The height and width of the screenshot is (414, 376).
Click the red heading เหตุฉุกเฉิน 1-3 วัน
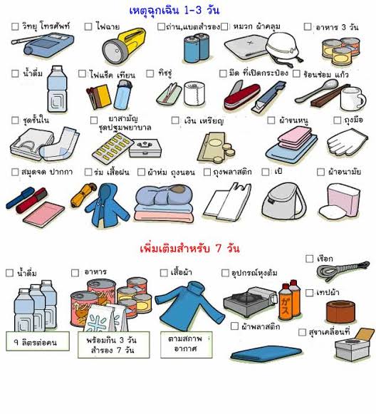click(x=188, y=10)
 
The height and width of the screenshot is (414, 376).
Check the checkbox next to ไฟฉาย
click(x=88, y=26)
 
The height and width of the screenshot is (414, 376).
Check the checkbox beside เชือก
click(x=309, y=258)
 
